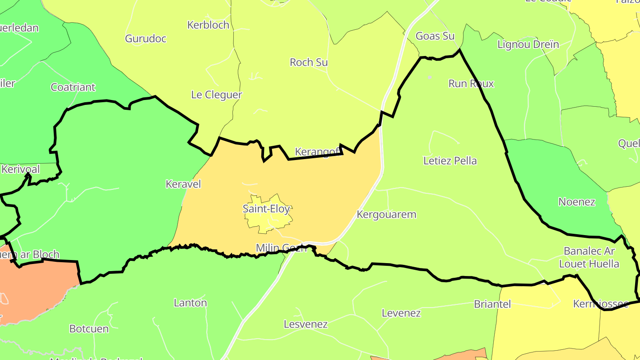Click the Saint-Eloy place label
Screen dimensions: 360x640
pyautogui.click(x=266, y=208)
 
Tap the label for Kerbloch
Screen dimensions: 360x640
pyautogui.click(x=208, y=25)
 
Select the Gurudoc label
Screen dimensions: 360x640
pyautogui.click(x=146, y=39)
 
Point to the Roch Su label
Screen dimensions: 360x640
pyautogui.click(x=309, y=62)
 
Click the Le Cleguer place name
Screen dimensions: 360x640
pyautogui.click(x=216, y=95)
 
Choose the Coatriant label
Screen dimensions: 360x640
pyautogui.click(x=73, y=87)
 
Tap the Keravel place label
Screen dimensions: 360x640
pyautogui.click(x=183, y=184)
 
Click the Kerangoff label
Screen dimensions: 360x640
pyautogui.click(x=318, y=152)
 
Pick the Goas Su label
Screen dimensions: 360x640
pyautogui.click(x=435, y=36)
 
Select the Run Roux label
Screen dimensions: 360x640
pyautogui.click(x=471, y=84)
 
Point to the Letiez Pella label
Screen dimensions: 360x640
pyautogui.click(x=450, y=161)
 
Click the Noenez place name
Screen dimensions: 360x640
pyautogui.click(x=576, y=202)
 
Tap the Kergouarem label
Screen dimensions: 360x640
pyautogui.click(x=387, y=215)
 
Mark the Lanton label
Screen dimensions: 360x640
pyautogui.click(x=190, y=303)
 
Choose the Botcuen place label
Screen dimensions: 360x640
pyautogui.click(x=89, y=329)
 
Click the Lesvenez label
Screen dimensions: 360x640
pyautogui.click(x=305, y=324)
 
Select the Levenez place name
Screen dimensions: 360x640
pyautogui.click(x=401, y=313)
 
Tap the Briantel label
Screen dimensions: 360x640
pyautogui.click(x=492, y=304)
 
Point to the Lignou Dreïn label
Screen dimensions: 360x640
pyautogui.click(x=528, y=45)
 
